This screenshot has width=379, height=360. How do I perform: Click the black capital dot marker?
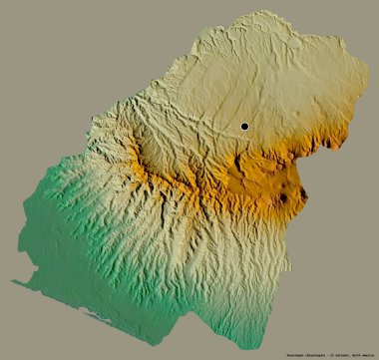(243, 126)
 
